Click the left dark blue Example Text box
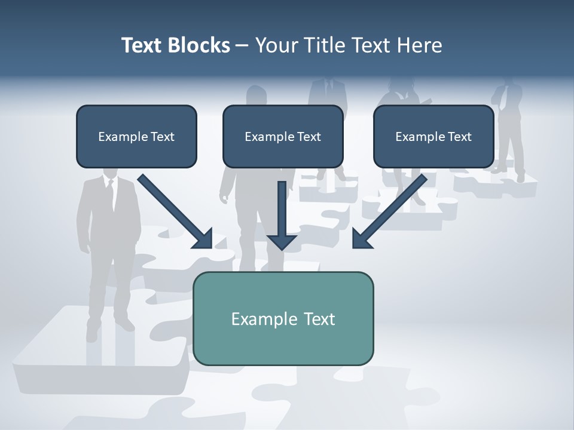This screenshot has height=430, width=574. (x=136, y=136)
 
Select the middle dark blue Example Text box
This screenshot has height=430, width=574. (x=283, y=136)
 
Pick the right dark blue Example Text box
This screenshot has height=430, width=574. (x=433, y=136)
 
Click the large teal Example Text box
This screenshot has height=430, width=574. (x=283, y=318)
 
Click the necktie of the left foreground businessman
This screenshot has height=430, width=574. (x=111, y=194)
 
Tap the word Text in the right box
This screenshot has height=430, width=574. (x=459, y=137)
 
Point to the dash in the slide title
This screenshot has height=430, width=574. (x=242, y=45)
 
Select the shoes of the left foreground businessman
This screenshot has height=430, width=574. (x=108, y=327)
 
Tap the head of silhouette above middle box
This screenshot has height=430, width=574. (x=257, y=94)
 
